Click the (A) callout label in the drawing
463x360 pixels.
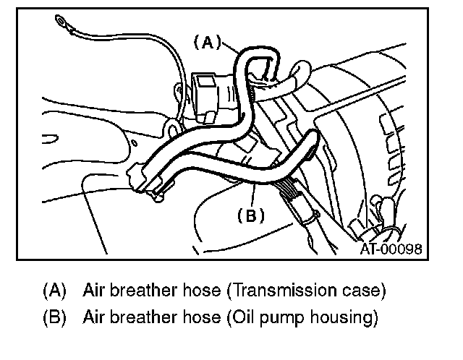pos(208,43)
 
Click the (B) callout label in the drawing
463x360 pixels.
pos(251,215)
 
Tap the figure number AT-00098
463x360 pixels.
pos(390,249)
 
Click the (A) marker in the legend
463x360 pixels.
pos(54,292)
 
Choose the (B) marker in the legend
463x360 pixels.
pos(54,317)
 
